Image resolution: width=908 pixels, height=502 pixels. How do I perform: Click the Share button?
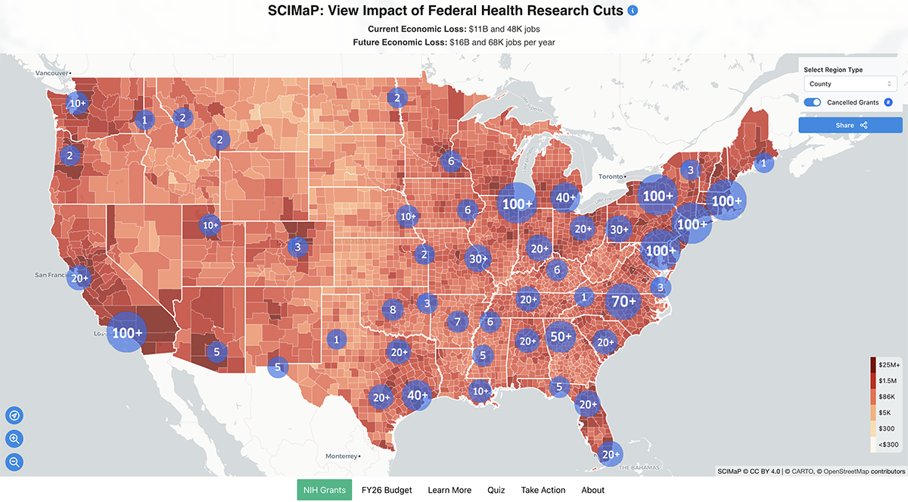[x=850, y=125]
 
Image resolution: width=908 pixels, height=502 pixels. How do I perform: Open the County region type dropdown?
[x=850, y=84]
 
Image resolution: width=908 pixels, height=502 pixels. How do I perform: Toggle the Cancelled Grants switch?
[x=813, y=102]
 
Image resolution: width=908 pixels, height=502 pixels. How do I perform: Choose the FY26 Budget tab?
[x=387, y=490]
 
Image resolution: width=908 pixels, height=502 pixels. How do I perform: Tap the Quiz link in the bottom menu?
[x=496, y=490]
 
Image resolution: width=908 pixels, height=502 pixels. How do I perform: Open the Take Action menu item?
[x=543, y=490]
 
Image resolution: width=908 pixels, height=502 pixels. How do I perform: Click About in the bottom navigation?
[x=592, y=490]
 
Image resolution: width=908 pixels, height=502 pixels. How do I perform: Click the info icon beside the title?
[x=633, y=11]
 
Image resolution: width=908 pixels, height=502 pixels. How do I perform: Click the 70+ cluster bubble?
[x=623, y=301]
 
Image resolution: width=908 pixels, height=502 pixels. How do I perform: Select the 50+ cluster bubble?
[x=561, y=337]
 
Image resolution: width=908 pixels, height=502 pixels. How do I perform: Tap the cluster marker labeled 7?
[x=457, y=322]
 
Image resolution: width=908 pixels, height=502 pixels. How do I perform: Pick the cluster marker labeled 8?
[x=393, y=309]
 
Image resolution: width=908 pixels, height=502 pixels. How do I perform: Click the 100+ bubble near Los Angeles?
[x=126, y=332]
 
